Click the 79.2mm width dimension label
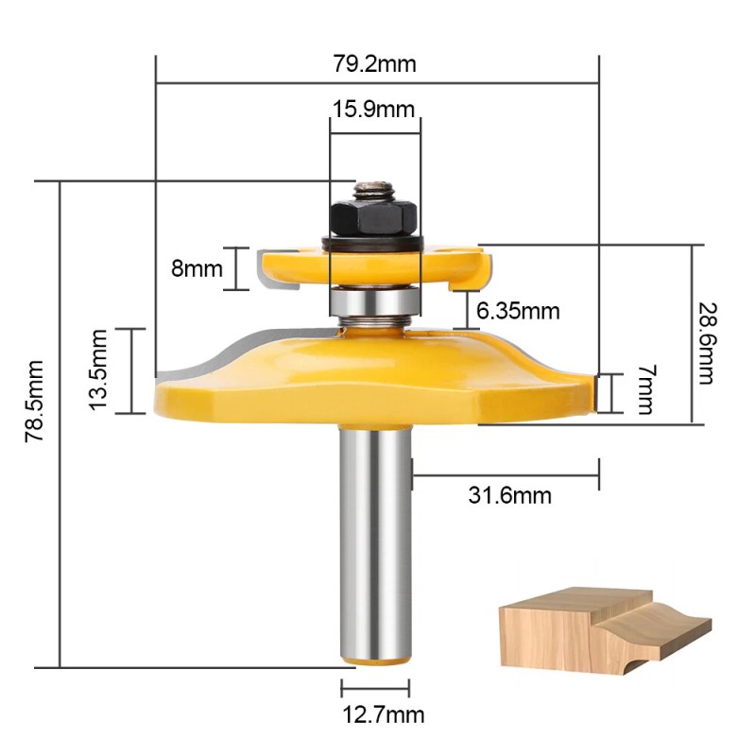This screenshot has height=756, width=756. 375,65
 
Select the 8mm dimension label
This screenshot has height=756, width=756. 195,267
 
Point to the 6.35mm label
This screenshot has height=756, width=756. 518,310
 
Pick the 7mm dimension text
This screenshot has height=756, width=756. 645,390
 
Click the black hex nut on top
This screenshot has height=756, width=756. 373,220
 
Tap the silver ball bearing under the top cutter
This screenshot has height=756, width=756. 374,301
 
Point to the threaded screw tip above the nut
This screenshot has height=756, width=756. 373,188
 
